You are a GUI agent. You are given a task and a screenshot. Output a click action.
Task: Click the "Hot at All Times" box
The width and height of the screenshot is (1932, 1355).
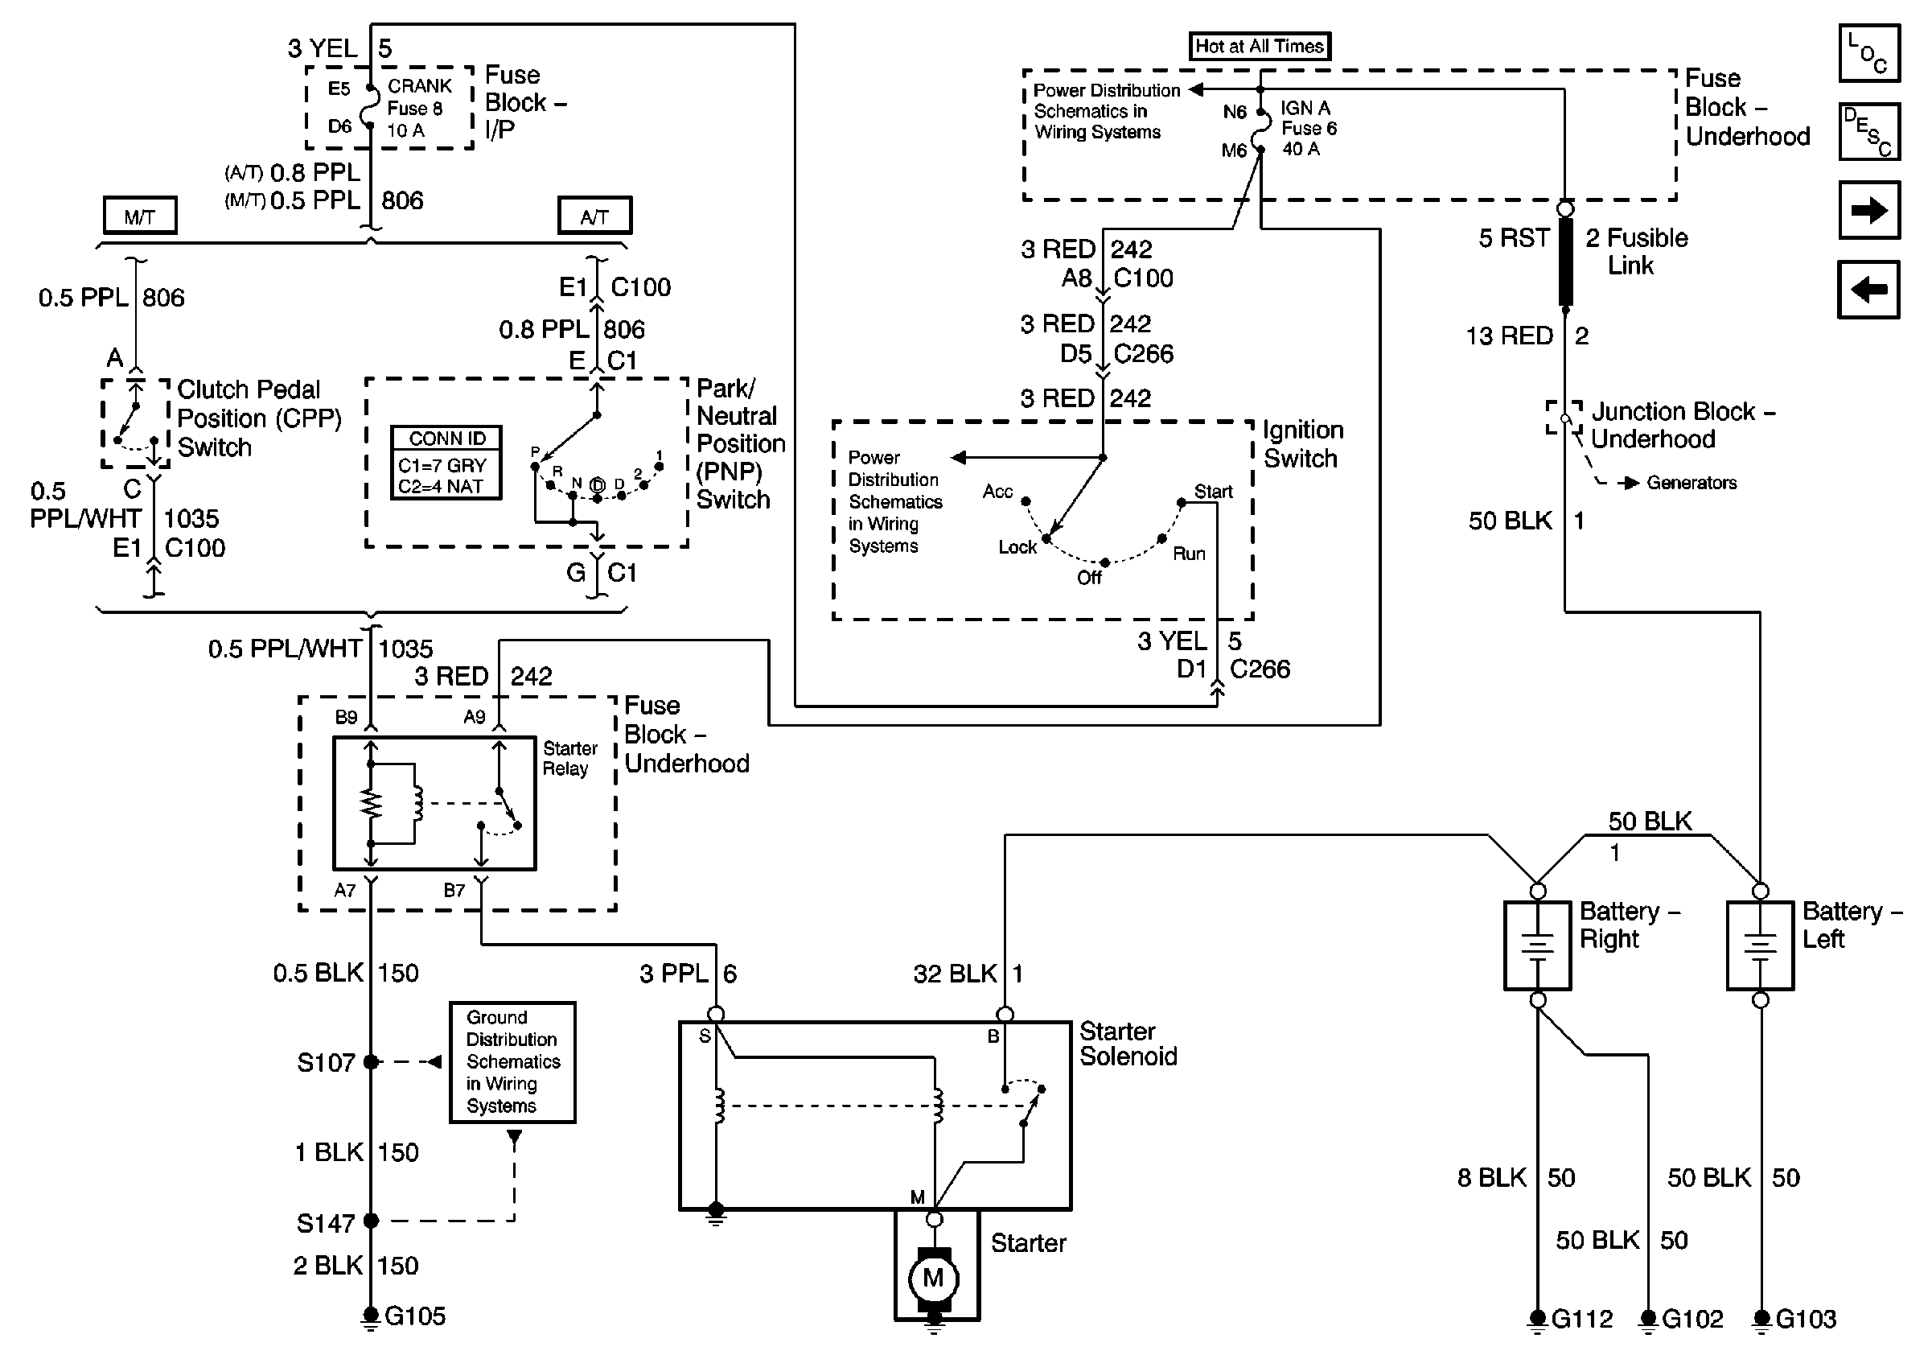[x=1259, y=47]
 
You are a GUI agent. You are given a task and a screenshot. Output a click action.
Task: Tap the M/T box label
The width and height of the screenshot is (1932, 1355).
[x=140, y=216]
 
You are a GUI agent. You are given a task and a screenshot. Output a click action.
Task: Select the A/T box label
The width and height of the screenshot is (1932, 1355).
[x=594, y=216]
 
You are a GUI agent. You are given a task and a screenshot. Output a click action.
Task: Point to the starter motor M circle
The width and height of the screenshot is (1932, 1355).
[x=933, y=1278]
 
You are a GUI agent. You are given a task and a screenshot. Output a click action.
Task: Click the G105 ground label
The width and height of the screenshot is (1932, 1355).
[x=415, y=1316]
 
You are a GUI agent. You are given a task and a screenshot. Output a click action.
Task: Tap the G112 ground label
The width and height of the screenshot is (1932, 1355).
[x=1582, y=1318]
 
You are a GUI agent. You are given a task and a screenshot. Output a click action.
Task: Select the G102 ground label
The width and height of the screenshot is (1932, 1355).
[x=1692, y=1318]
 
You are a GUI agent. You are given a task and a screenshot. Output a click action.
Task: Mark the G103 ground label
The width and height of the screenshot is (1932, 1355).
[x=1806, y=1318]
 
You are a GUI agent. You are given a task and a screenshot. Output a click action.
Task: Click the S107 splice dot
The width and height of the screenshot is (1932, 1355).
[x=370, y=1062]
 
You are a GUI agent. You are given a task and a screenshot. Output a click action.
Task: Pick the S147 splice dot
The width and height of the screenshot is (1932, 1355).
[x=370, y=1221]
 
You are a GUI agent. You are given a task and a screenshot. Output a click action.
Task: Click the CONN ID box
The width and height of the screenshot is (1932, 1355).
[x=446, y=463]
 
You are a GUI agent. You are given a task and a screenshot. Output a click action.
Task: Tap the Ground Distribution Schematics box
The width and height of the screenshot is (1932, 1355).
[x=512, y=1061]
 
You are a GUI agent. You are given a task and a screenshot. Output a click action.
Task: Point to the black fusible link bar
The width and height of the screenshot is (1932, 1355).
[x=1565, y=261]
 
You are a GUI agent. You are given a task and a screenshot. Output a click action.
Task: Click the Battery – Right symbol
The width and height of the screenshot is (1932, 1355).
[x=1537, y=945]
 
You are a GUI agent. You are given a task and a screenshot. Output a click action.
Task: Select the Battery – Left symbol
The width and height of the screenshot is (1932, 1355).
[x=1760, y=945]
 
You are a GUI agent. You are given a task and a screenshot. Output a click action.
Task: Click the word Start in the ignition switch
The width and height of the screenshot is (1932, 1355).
[x=1213, y=492]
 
